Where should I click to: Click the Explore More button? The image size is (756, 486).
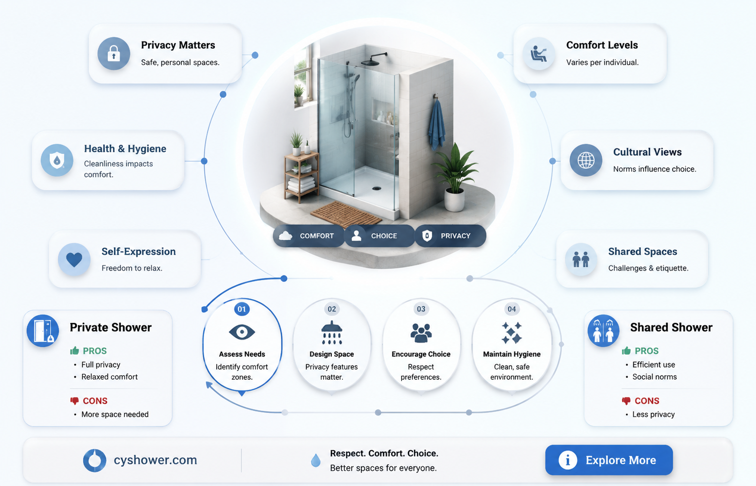(x=609, y=460)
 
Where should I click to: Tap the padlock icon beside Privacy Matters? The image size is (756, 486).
(x=114, y=54)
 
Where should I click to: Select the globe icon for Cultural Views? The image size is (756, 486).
(x=586, y=160)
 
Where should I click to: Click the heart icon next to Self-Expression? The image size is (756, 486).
(x=74, y=259)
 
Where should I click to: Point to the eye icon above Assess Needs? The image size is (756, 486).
(x=242, y=332)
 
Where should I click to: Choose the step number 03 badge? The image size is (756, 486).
(x=421, y=309)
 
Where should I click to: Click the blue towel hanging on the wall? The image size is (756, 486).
(x=437, y=124)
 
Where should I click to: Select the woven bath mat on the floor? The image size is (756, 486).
(x=346, y=214)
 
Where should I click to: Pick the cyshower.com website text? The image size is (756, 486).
(x=155, y=460)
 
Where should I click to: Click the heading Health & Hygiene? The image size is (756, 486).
(x=125, y=149)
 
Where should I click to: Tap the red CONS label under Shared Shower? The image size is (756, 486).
(x=647, y=400)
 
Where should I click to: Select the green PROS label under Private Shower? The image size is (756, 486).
(x=94, y=351)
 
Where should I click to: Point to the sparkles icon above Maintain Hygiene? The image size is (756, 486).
(x=512, y=333)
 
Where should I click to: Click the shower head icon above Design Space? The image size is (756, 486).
(x=332, y=332)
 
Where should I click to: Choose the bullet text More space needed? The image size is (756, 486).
(x=115, y=414)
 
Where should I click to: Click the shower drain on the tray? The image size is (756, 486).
(x=377, y=188)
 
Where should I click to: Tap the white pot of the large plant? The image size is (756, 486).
(x=454, y=200)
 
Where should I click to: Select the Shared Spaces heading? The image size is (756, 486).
(x=643, y=251)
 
